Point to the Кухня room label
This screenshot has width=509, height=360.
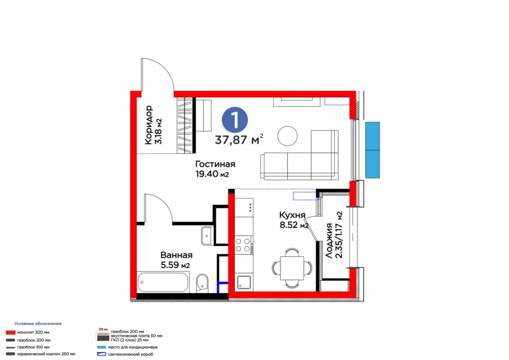[292, 215]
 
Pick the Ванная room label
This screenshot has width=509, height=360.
[175, 255]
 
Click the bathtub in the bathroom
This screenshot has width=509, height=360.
[162, 282]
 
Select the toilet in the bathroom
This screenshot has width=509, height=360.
[202, 284]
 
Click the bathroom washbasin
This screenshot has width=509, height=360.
[206, 234]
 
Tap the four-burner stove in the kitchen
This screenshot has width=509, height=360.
[243, 245]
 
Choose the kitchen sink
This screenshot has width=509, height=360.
[244, 282]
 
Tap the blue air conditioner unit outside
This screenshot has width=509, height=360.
[372, 150]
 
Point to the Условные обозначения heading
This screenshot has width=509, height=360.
[38, 323]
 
